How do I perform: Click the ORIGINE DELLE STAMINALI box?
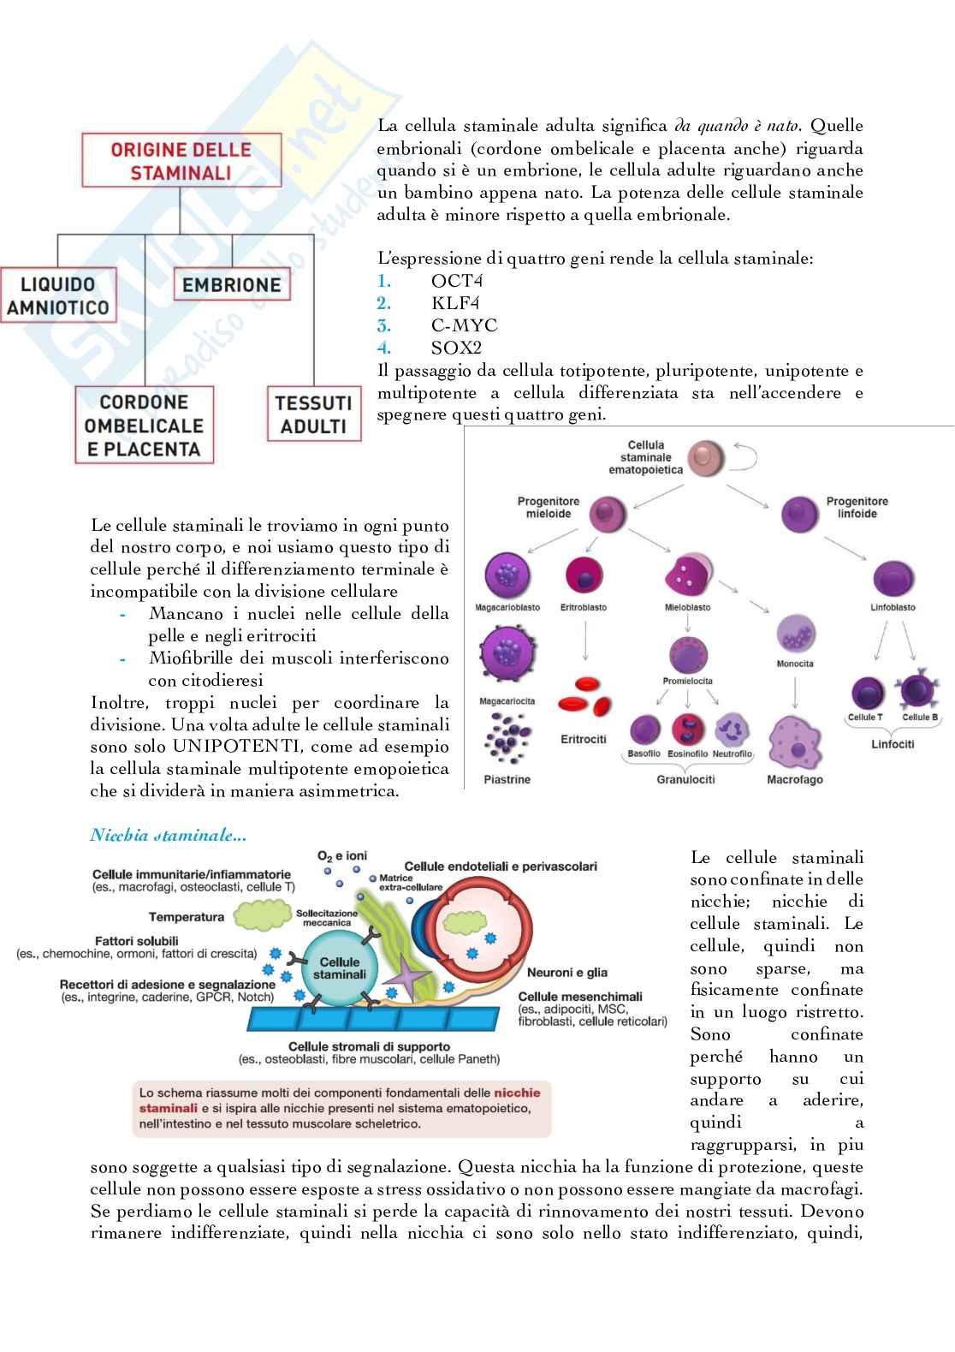tap(180, 161)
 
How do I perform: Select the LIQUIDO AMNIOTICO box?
tap(58, 296)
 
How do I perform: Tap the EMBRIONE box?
tap(231, 285)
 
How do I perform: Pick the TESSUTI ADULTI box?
tap(313, 414)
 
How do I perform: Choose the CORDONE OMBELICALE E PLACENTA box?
tap(143, 426)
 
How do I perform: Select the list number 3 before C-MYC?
tap(384, 325)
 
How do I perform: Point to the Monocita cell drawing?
tap(795, 635)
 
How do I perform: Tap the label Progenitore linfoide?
tap(857, 508)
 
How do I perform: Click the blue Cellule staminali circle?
tap(339, 967)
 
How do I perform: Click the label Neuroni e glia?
tap(566, 972)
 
